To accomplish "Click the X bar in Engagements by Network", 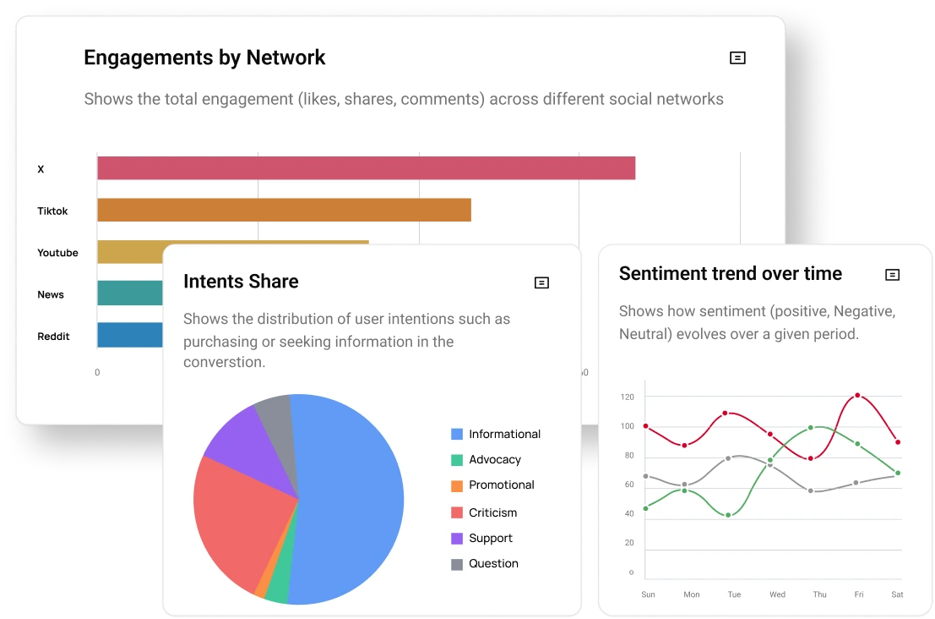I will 366,168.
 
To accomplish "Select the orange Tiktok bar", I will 284,211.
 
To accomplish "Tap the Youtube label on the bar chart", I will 57,253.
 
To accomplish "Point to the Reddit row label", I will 53,337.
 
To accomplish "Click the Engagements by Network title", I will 204,58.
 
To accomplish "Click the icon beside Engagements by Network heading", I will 737,58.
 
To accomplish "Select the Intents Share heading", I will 241,282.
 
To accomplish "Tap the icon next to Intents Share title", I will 542,282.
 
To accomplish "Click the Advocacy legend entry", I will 494,460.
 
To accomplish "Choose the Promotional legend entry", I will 501,485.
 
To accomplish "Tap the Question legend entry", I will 493,564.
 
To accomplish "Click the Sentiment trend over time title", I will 730,274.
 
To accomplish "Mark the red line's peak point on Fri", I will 857,396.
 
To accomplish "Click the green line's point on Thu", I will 811,428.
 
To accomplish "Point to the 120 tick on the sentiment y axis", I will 627,397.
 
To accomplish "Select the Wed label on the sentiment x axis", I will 777,594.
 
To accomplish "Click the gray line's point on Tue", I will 728,458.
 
